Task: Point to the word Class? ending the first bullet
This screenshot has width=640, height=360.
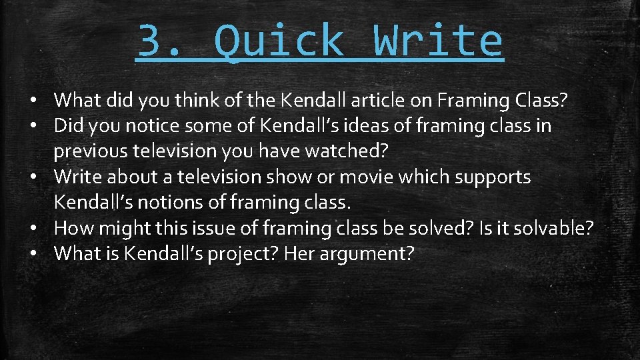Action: click(x=541, y=100)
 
